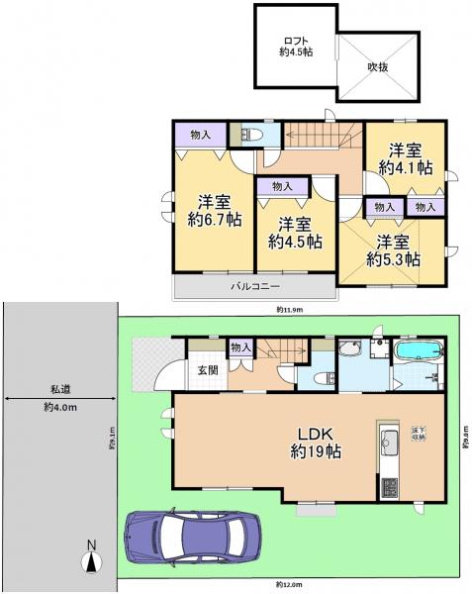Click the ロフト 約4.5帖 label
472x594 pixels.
click(x=292, y=46)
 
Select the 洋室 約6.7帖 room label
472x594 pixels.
click(x=215, y=209)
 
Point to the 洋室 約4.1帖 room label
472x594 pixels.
click(x=406, y=158)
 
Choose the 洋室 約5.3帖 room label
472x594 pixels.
click(x=393, y=249)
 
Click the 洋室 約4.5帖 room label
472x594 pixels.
click(x=295, y=232)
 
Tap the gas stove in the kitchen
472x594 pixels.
click(x=387, y=486)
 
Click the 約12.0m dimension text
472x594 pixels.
click(x=290, y=585)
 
